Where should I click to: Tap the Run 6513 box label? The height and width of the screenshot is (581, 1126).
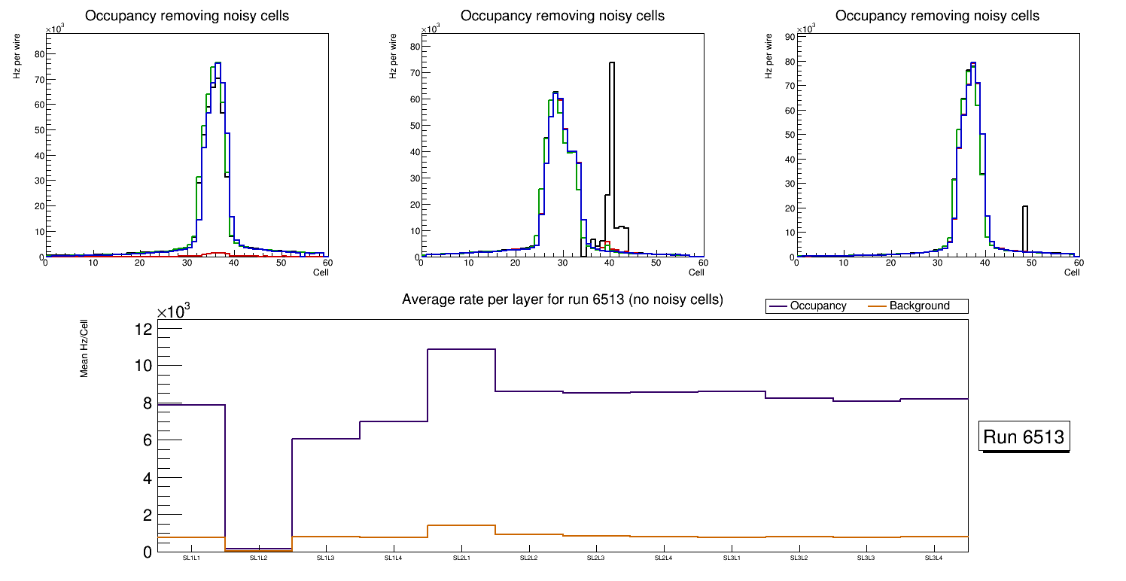pos(1024,437)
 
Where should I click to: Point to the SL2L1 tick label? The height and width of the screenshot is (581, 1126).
pos(461,558)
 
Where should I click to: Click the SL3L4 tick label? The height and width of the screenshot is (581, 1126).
pos(934,558)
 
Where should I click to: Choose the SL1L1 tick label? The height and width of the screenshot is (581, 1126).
pos(190,558)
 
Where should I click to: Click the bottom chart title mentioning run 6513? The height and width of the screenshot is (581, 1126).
pos(562,300)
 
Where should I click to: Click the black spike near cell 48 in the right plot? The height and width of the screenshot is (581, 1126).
pos(1024,226)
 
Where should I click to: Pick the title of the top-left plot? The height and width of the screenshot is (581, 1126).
pos(186,16)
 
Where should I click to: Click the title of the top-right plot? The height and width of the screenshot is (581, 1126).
pos(937,16)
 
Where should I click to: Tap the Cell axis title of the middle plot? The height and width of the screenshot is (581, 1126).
pos(695,272)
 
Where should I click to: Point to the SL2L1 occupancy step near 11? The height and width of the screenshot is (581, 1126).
pos(461,349)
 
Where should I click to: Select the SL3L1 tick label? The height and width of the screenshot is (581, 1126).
pos(732,558)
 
